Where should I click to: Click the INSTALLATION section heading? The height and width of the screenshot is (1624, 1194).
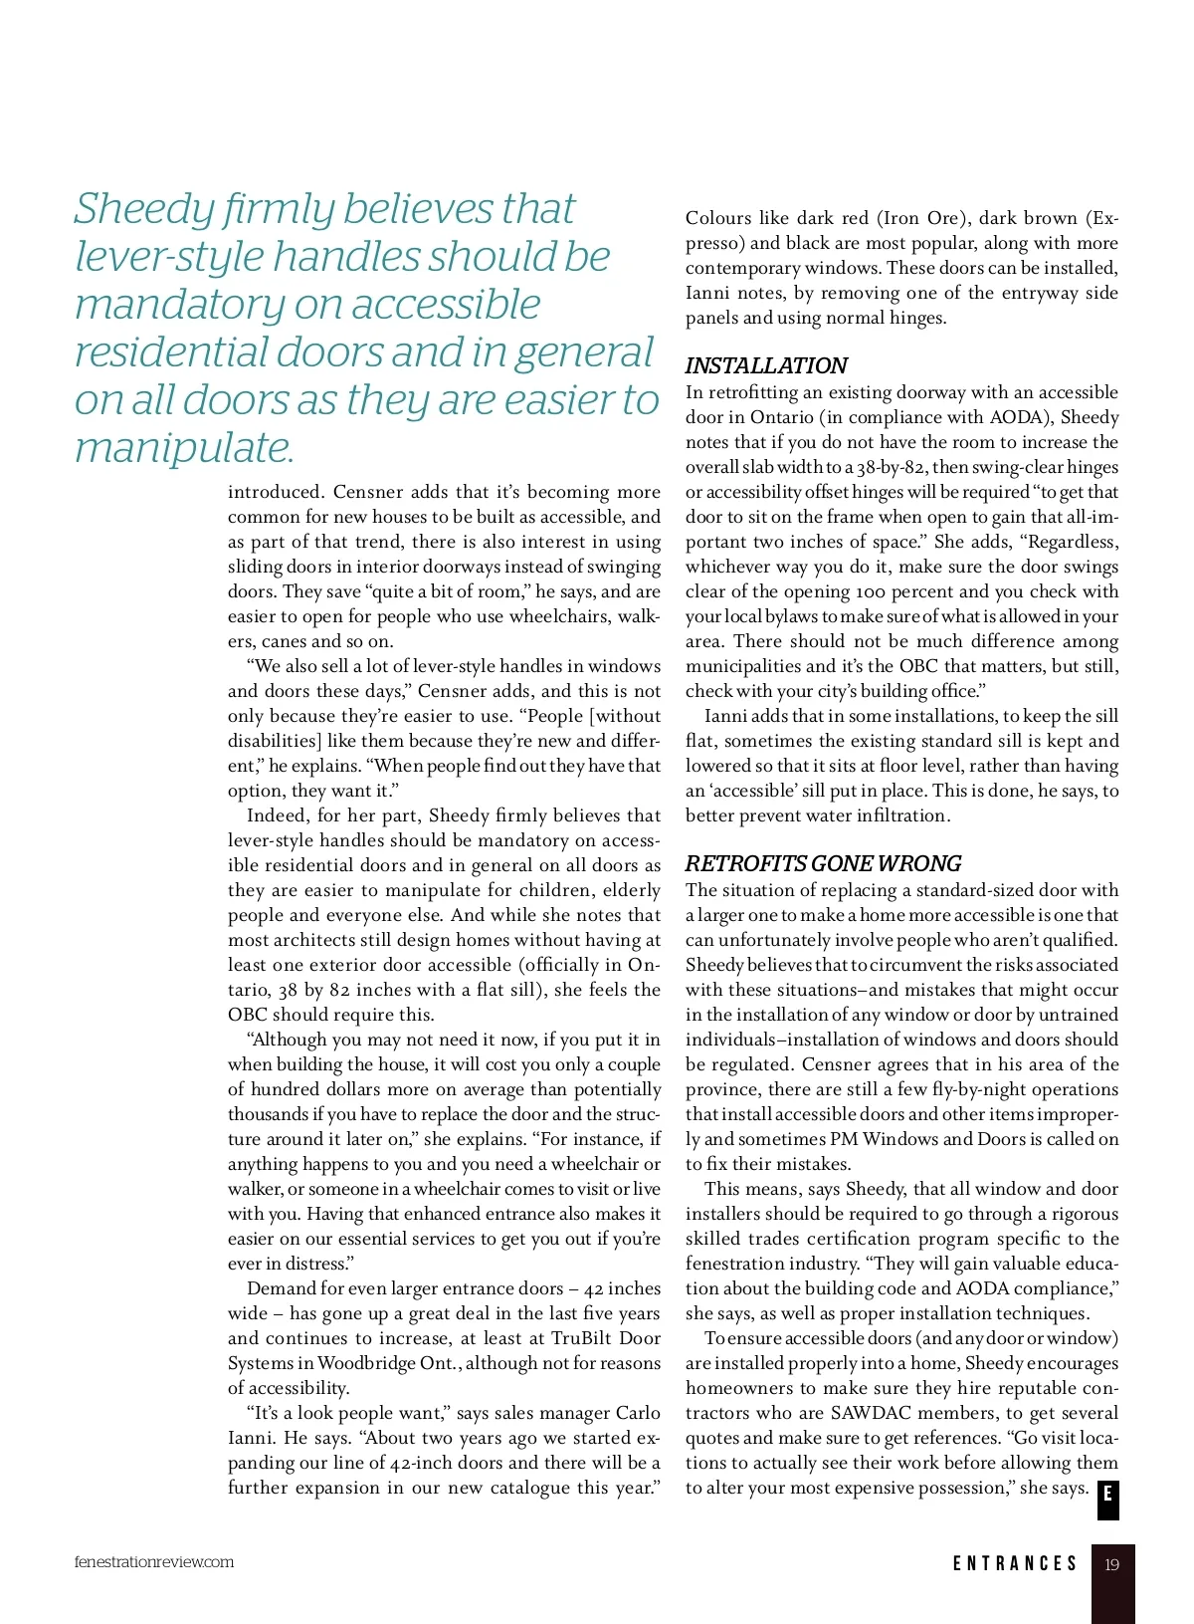[x=766, y=365]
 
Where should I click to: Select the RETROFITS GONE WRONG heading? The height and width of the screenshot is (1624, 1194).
[x=823, y=863]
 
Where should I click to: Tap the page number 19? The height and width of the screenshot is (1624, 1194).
[x=1111, y=1564]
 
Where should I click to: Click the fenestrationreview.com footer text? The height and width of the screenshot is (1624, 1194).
[x=154, y=1561]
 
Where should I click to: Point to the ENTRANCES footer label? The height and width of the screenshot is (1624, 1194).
[x=1015, y=1564]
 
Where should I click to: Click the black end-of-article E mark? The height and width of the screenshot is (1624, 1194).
[x=1107, y=1496]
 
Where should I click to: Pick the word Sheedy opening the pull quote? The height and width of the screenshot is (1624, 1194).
[x=144, y=209]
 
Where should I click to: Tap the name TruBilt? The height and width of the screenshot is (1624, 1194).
[x=587, y=1338]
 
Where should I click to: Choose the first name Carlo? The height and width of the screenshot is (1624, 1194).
[x=639, y=1413]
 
